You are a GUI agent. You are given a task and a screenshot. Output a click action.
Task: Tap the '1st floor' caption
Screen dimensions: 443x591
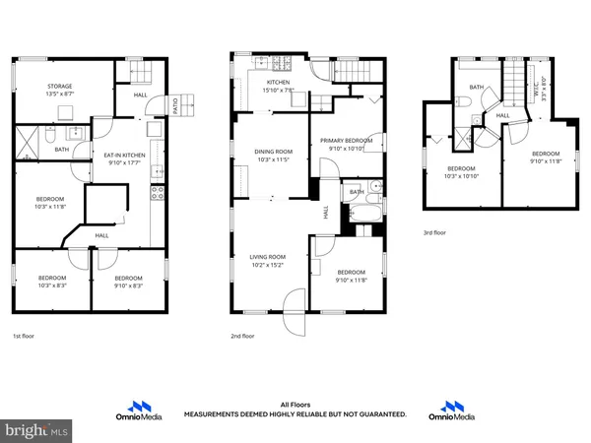point(28,336)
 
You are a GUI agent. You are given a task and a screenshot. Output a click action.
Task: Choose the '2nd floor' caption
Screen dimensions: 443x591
point(243,336)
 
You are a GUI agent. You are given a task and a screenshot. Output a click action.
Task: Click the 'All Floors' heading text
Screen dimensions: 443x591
point(295,405)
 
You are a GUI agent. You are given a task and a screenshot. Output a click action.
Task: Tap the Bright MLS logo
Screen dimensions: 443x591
point(37,430)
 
